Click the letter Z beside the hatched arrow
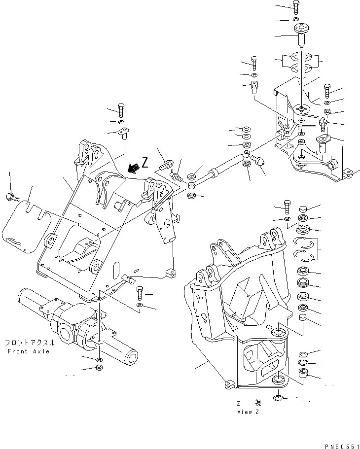tap(144, 162)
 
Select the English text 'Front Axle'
tap(29, 351)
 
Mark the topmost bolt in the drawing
tap(295, 7)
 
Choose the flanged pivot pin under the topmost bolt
tap(299, 35)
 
